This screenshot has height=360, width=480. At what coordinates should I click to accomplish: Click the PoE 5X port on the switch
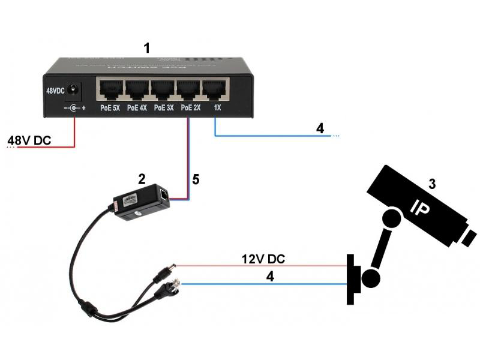click(x=109, y=90)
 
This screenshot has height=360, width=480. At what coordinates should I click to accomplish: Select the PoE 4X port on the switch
click(x=137, y=90)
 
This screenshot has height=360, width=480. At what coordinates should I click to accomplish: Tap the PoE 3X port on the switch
click(x=163, y=90)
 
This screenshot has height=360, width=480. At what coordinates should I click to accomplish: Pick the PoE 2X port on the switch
click(x=190, y=90)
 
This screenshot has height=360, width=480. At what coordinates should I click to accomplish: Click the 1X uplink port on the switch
click(x=215, y=90)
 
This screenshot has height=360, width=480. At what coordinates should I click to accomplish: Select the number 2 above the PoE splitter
click(x=142, y=178)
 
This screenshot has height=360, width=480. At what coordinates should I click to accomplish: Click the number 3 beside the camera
click(x=431, y=182)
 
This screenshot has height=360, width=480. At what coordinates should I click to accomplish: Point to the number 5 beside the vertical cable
click(x=195, y=179)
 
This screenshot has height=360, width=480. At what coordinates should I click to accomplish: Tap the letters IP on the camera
click(x=419, y=208)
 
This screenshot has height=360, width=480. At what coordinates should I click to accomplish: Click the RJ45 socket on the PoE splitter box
click(x=164, y=195)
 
